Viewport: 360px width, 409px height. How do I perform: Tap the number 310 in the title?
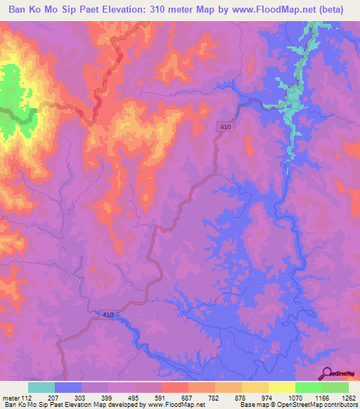point(181,11)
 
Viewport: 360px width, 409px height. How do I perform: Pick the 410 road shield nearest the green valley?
point(224,126)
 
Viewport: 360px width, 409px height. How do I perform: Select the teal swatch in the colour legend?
point(41,387)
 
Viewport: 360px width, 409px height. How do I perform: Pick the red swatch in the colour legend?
point(174,387)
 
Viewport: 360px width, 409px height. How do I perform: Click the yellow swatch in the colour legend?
point(255,387)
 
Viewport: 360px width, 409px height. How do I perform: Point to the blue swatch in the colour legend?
point(68,387)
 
